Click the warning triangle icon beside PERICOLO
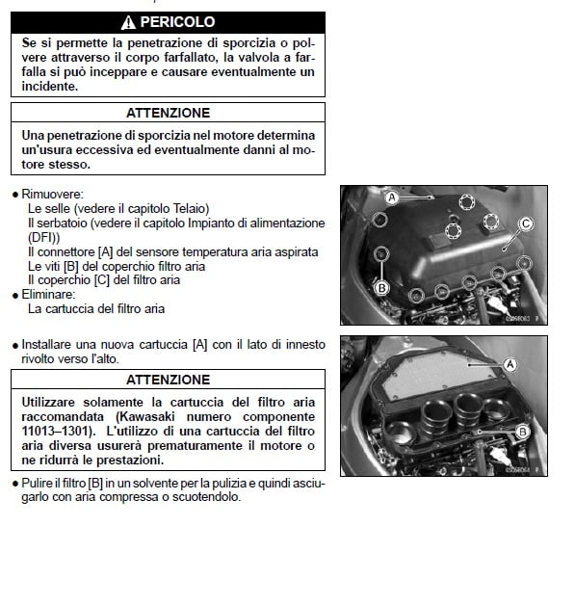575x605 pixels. pyautogui.click(x=128, y=23)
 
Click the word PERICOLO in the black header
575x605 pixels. pyautogui.click(x=177, y=22)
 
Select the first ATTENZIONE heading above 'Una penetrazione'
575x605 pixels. pyautogui.click(x=169, y=113)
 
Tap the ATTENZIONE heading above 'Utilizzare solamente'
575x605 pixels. pyautogui.click(x=169, y=380)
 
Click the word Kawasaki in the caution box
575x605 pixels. pyautogui.click(x=149, y=417)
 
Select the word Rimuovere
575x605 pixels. pyautogui.click(x=52, y=194)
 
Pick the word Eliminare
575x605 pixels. pyautogui.click(x=48, y=295)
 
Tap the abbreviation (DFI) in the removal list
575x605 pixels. pyautogui.click(x=44, y=237)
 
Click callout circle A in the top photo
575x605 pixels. pyautogui.click(x=392, y=197)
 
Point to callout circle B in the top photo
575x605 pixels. pyautogui.click(x=381, y=288)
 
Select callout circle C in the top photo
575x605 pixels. pyautogui.click(x=526, y=224)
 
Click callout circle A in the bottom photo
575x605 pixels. pyautogui.click(x=510, y=364)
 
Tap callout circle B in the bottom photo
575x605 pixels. pyautogui.click(x=523, y=432)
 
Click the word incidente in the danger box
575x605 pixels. pyautogui.click(x=49, y=87)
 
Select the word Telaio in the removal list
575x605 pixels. pyautogui.click(x=190, y=209)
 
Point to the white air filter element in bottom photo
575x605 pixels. pyautogui.click(x=439, y=374)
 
